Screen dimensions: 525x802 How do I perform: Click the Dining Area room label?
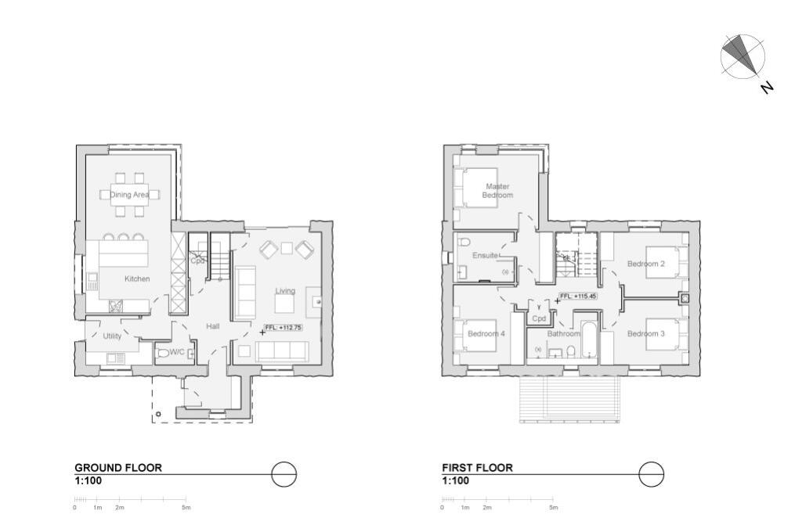(129, 195)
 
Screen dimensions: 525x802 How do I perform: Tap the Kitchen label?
(137, 279)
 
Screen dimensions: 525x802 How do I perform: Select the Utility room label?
(112, 336)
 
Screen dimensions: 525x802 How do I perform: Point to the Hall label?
(212, 326)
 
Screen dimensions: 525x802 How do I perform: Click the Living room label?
(285, 291)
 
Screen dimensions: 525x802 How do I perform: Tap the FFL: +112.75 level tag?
(284, 328)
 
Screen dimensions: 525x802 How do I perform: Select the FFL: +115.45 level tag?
(578, 297)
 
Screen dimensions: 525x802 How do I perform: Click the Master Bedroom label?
(497, 191)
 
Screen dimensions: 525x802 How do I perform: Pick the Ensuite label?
(486, 256)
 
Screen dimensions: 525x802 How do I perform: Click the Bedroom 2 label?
(646, 264)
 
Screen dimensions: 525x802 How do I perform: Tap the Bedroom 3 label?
(646, 334)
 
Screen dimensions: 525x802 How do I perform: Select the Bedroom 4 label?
(486, 334)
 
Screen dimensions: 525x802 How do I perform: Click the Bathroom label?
(563, 334)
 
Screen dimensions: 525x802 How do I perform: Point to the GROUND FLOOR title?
(118, 468)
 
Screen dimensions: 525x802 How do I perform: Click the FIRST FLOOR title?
(477, 468)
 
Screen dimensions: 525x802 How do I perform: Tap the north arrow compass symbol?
(742, 56)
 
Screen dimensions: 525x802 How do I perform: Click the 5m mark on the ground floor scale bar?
(186, 507)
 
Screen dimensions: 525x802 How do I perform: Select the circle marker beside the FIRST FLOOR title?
(651, 474)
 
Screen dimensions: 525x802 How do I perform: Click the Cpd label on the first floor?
(539, 319)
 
